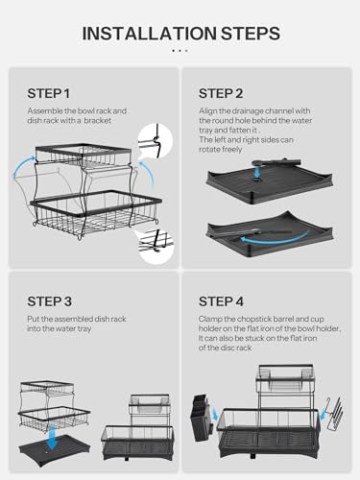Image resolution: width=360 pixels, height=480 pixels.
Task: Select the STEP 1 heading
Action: pos(48,93)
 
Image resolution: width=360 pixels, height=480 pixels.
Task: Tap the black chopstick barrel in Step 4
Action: pos(204,421)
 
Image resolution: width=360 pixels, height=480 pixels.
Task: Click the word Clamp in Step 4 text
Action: pos(214,319)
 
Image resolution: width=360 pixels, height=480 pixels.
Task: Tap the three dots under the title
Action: pos(180,53)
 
